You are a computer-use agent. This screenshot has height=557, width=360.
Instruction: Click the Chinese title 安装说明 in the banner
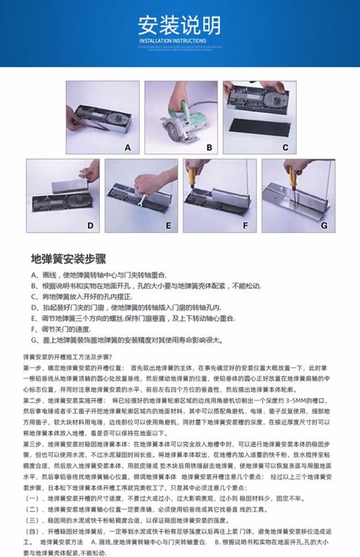pyautogui.click(x=179, y=27)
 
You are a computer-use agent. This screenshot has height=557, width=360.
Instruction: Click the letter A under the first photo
pyautogui.click(x=127, y=147)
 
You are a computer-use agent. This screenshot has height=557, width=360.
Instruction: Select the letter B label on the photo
pyautogui.click(x=209, y=147)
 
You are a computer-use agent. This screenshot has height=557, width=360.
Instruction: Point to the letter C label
pyautogui.click(x=285, y=147)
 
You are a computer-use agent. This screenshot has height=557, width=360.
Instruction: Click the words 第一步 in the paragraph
pyautogui.click(x=32, y=367)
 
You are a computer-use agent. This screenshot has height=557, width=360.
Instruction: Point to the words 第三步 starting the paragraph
pyautogui.click(x=32, y=445)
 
